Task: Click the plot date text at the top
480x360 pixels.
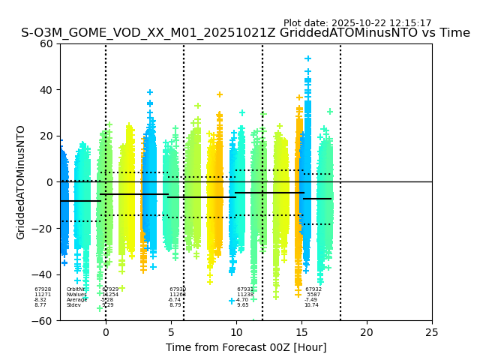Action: [357, 23]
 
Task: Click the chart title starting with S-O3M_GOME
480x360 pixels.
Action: [245, 33]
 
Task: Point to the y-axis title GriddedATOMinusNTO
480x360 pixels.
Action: [21, 182]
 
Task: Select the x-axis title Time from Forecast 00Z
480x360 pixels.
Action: [246, 347]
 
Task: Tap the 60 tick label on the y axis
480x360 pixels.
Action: [46, 43]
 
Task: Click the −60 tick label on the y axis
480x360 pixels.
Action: [43, 320]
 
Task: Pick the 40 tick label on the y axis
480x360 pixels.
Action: [46, 90]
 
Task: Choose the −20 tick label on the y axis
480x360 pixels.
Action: [43, 229]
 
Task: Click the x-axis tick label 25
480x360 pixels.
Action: [432, 332]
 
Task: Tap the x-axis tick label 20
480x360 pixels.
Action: [367, 332]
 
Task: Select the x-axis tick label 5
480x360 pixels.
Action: [171, 332]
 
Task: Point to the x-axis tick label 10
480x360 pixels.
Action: [236, 332]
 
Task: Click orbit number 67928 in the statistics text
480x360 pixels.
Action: [43, 289]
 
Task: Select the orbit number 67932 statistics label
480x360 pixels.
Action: [313, 289]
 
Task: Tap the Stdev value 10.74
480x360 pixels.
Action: [311, 305]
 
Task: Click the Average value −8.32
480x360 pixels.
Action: [40, 300]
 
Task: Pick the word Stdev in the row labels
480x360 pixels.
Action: [73, 305]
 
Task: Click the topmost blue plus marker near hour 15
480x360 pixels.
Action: [307, 58]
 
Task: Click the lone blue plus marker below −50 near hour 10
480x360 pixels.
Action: [232, 301]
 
